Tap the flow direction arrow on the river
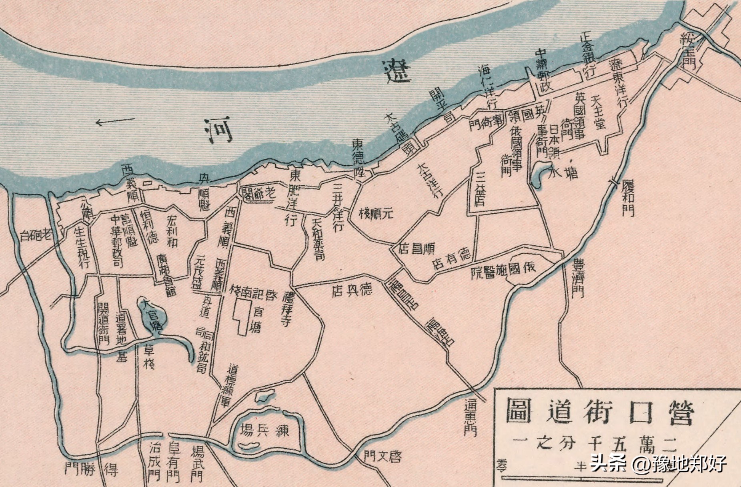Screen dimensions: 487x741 (x=115, y=120)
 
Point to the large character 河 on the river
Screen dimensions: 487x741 (x=218, y=129)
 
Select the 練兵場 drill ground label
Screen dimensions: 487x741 (x=264, y=431)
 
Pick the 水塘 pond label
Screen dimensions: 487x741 (x=564, y=172)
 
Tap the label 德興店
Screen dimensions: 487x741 (x=352, y=290)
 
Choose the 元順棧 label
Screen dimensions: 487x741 (x=376, y=214)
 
